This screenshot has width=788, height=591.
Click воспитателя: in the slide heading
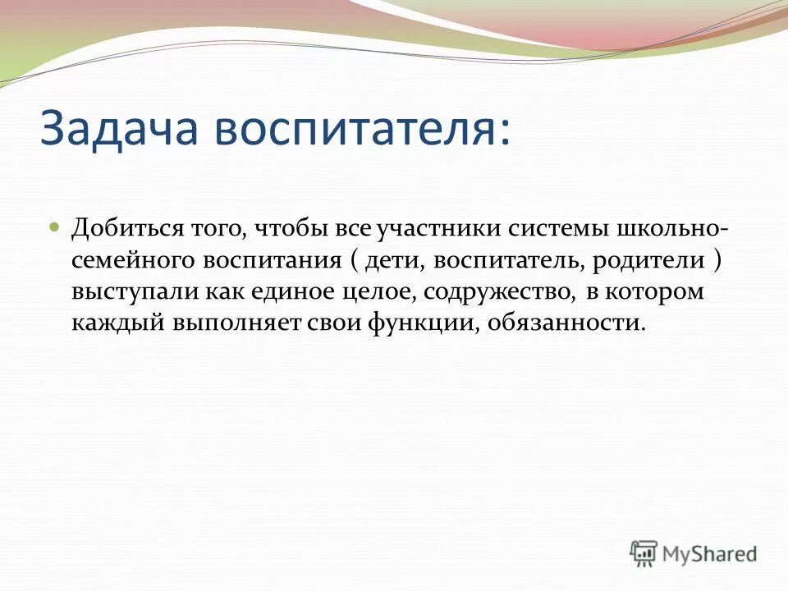pos(355,129)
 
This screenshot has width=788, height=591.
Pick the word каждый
pos(116,323)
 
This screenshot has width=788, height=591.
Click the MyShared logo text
pos(711,553)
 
